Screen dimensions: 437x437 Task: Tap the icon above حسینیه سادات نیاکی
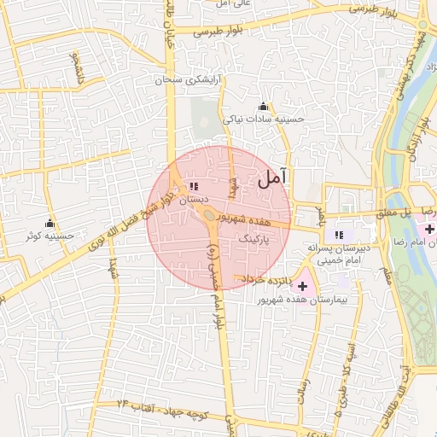pos(262,108)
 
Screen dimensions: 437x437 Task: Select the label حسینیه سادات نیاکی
pos(264,119)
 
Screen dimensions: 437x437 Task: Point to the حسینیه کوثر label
pos(51,236)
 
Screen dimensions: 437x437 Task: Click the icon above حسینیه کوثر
pos(50,223)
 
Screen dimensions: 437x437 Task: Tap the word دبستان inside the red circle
pos(194,198)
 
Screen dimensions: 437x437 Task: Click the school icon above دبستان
pos(194,185)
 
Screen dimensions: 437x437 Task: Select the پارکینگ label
pos(255,241)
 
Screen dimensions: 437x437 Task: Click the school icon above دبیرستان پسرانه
pos(339,234)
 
